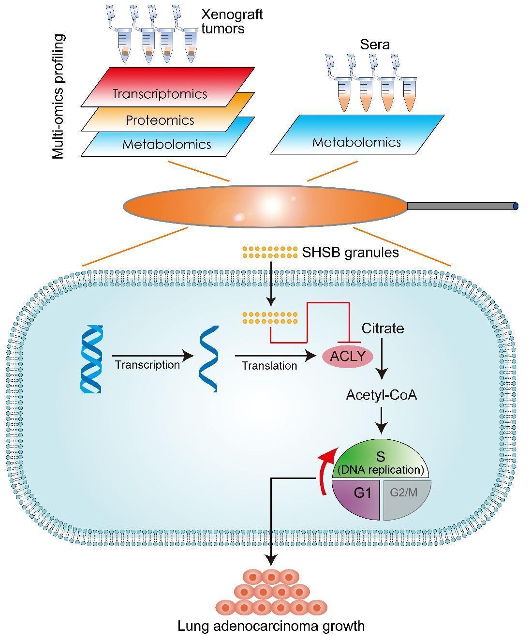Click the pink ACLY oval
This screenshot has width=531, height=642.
(x=347, y=357)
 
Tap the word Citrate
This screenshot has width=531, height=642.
(x=383, y=328)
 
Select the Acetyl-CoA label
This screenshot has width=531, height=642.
(x=381, y=395)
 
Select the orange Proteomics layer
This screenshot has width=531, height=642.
(x=160, y=120)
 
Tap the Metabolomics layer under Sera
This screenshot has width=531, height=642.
(x=356, y=141)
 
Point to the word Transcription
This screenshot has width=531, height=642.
(x=147, y=364)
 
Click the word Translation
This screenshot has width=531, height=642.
(x=269, y=366)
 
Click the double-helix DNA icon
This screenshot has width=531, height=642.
(x=91, y=358)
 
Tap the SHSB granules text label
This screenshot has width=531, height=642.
(x=350, y=252)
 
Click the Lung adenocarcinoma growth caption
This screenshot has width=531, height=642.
(x=271, y=626)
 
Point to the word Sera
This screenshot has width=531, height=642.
(x=375, y=45)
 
